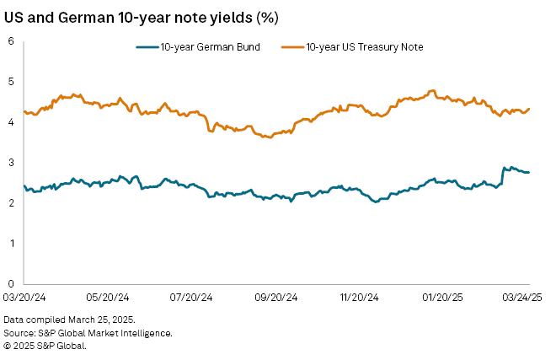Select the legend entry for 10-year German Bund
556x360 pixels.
pyautogui.click(x=209, y=47)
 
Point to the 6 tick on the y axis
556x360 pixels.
pyautogui.click(x=12, y=41)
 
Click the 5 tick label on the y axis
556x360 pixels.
pyautogui.click(x=12, y=82)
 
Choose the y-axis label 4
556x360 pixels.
pyautogui.click(x=12, y=122)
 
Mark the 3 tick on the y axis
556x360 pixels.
pyautogui.click(x=12, y=163)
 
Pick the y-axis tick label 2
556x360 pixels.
pyautogui.click(x=12, y=203)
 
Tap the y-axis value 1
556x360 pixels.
pyautogui.click(x=12, y=244)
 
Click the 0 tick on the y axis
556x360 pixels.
pyautogui.click(x=12, y=284)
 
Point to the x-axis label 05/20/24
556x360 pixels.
pyautogui.click(x=108, y=298)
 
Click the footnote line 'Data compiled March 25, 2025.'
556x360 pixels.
pyautogui.click(x=69, y=321)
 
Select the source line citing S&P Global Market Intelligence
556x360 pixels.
pyautogui.click(x=88, y=333)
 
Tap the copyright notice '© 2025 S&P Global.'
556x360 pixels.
pyautogui.click(x=45, y=345)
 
